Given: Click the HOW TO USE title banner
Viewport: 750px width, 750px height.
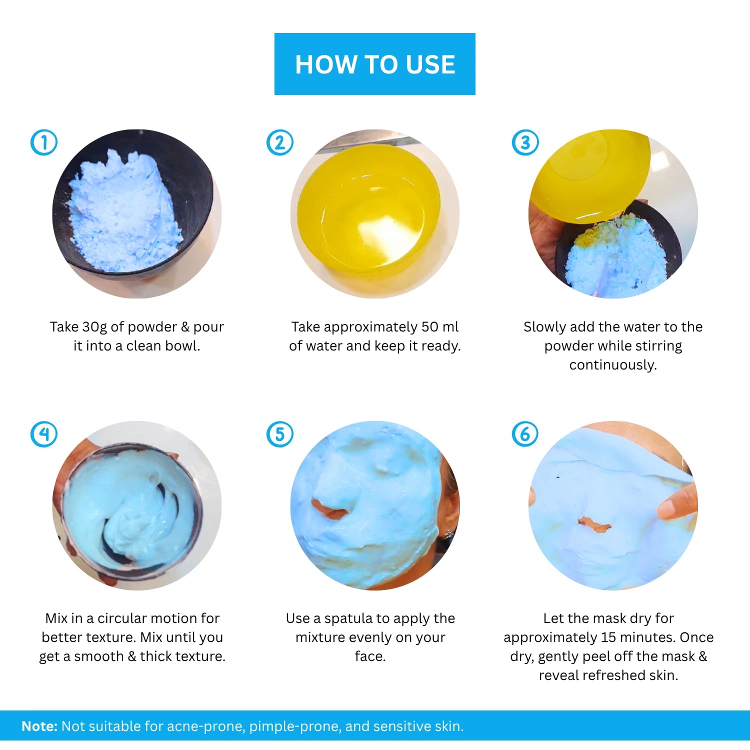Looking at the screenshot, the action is point(374,64).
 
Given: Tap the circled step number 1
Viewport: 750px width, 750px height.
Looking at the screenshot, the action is point(44,142).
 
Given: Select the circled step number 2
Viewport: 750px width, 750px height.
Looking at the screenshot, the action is point(280,142).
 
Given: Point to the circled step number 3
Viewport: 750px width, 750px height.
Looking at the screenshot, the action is point(525,142).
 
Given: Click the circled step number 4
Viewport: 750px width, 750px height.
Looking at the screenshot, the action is point(44,434).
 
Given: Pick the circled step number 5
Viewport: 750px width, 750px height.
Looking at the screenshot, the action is point(280,434).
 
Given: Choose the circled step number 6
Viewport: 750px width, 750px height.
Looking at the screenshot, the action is point(525,434).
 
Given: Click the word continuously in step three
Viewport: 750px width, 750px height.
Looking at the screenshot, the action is point(613,365).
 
